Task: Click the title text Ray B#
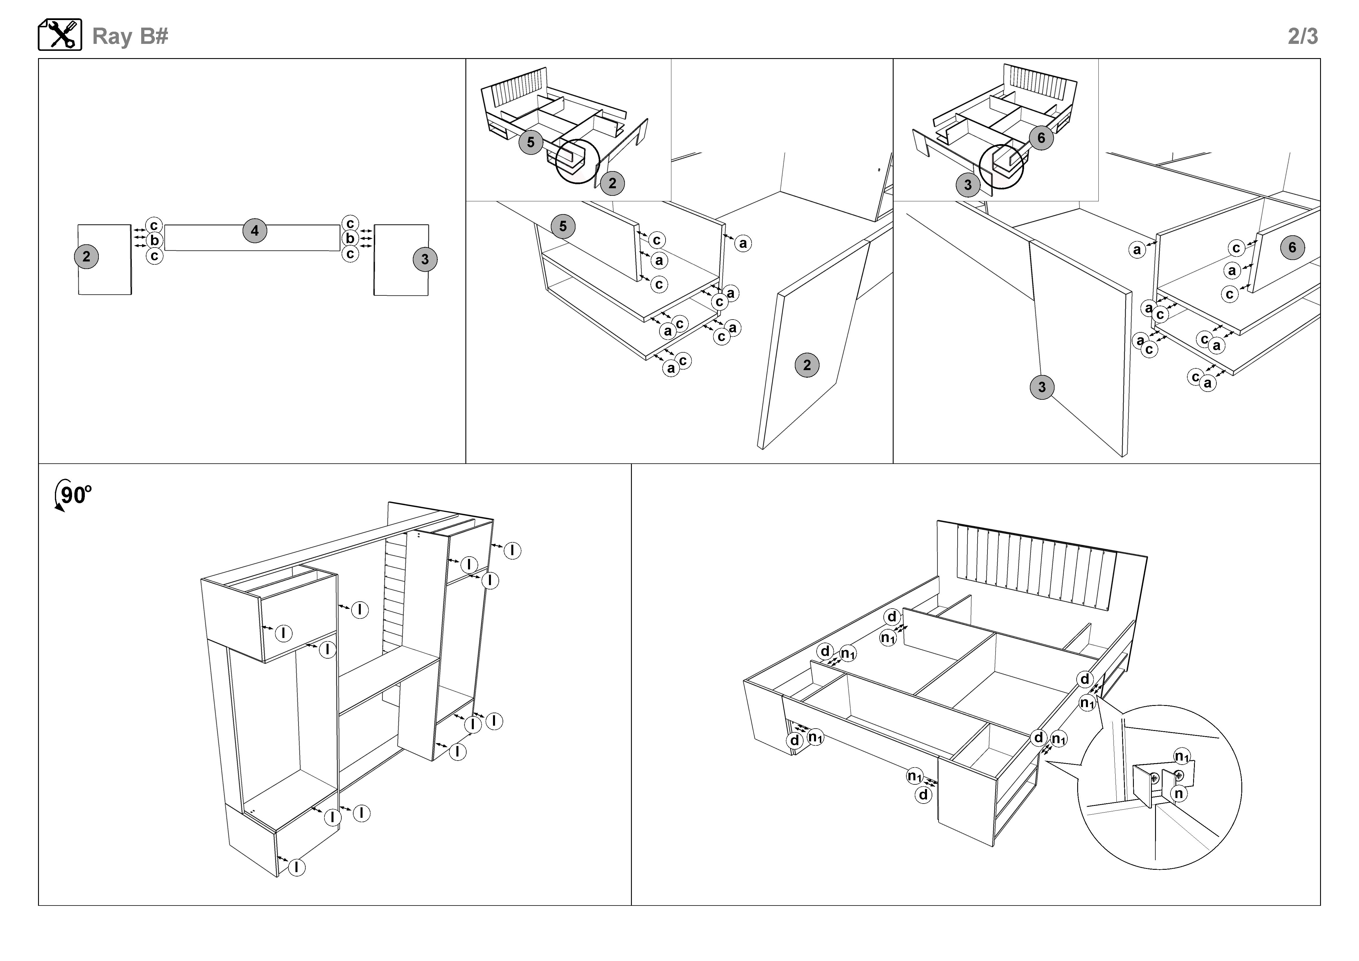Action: [x=130, y=36]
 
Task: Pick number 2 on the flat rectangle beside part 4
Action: [x=86, y=257]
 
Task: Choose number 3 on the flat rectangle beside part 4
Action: [x=424, y=259]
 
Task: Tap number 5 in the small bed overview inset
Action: [x=530, y=142]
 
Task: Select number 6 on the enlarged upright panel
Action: [x=1292, y=247]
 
